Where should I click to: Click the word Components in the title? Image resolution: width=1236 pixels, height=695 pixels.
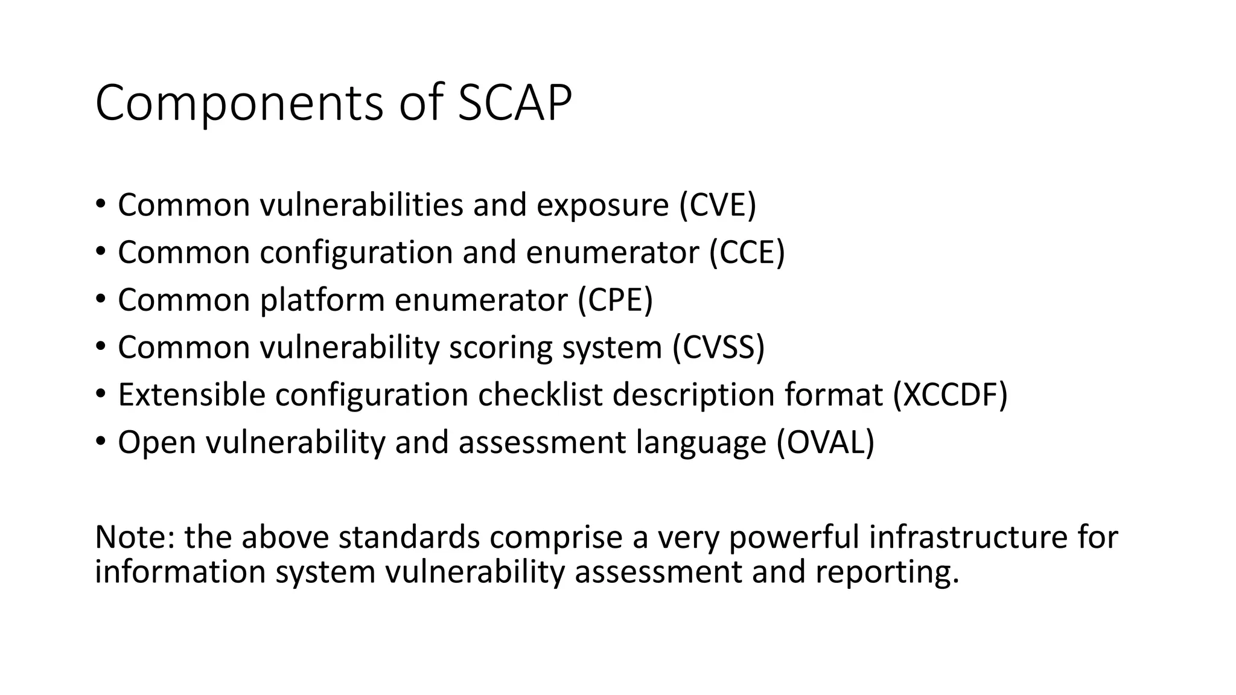click(x=239, y=104)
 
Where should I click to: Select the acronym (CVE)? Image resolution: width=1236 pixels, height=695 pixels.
click(x=718, y=205)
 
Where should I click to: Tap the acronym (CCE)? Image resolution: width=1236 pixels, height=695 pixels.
click(x=747, y=252)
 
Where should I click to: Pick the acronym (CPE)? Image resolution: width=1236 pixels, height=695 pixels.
click(x=615, y=300)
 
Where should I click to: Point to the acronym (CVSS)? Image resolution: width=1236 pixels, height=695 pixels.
click(x=719, y=347)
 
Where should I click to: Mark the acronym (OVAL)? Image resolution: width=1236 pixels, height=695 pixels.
click(x=825, y=442)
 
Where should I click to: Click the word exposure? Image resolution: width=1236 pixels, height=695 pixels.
click(x=602, y=205)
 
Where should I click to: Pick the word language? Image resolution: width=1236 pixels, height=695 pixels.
click(x=701, y=442)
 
